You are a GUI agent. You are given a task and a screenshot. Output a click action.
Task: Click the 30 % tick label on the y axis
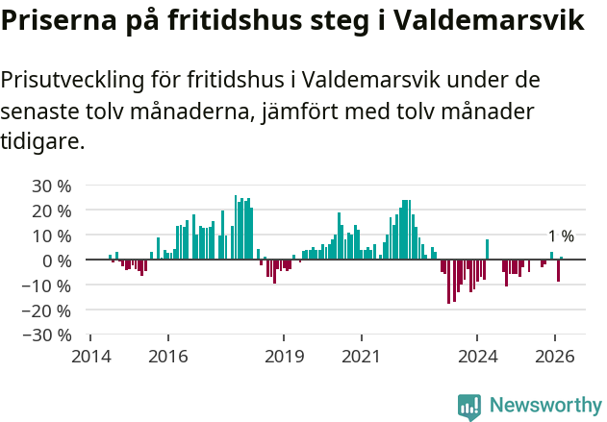52,186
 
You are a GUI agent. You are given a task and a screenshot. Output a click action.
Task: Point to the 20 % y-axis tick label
52,211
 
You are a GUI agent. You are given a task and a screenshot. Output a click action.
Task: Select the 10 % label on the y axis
52,236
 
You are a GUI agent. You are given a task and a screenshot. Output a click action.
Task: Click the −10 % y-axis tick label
48,285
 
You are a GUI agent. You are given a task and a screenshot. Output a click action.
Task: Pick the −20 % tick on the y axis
48,310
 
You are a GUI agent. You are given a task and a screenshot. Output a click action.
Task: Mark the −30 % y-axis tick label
48,335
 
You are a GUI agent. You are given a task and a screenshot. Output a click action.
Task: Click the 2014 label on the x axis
90,356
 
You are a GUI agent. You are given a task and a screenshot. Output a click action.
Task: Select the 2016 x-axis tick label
168,356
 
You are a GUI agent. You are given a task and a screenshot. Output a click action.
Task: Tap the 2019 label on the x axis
284,356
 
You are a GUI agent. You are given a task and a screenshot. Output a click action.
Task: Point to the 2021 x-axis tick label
362,356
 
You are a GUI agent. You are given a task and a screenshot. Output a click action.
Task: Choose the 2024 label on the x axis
477,356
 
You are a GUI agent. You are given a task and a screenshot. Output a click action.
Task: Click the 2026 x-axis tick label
555,356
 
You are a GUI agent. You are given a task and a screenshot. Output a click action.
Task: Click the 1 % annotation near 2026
561,236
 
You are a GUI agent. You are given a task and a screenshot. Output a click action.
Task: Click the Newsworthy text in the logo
545,405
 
